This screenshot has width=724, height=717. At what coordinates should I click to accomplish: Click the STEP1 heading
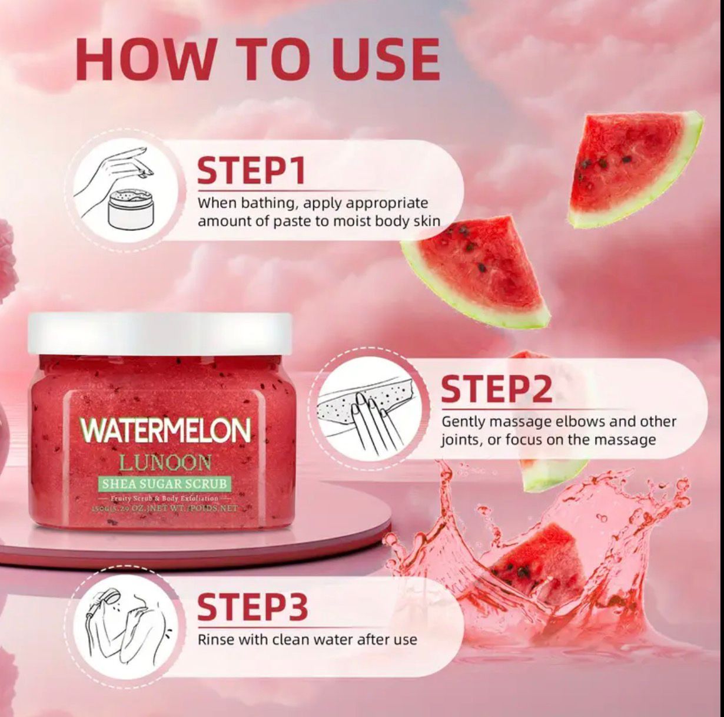point(251,170)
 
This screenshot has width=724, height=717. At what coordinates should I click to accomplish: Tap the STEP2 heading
point(496,389)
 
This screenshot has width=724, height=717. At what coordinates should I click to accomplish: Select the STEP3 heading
point(253,607)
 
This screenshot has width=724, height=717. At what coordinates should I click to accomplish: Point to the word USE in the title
point(386,60)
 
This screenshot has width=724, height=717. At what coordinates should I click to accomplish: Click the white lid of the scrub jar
point(160,333)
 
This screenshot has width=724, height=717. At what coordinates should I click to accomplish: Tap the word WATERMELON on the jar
point(166,431)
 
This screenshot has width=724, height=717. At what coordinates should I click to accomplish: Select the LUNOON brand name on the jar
point(165,462)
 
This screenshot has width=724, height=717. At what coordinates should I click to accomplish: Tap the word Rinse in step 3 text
point(215,639)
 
